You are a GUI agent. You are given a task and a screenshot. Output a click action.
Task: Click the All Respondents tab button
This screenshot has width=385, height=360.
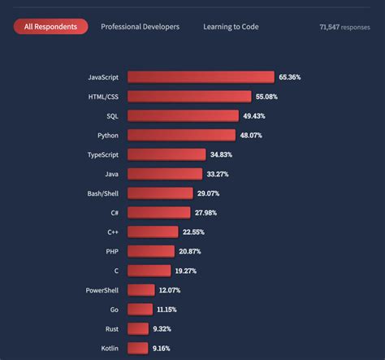[x=50, y=27]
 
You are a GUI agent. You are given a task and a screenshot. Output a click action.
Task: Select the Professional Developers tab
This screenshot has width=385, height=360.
[x=141, y=27]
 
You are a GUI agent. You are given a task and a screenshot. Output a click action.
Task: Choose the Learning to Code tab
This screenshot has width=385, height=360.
[x=231, y=27]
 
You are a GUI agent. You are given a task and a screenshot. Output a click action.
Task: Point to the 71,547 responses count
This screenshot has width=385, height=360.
[x=346, y=27]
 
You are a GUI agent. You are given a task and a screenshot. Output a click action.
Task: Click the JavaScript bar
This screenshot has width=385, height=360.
[x=201, y=77]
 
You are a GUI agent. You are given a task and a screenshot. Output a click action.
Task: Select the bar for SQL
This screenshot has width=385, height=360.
[x=183, y=115]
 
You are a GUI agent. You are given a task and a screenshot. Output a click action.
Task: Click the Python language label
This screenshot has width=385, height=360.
[x=106, y=135]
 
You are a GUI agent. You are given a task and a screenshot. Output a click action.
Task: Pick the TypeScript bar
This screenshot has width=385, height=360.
[x=167, y=154]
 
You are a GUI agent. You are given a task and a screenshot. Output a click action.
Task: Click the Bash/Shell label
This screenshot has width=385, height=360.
[x=102, y=193]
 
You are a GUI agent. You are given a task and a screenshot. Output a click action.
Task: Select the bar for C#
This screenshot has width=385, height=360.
[x=159, y=212]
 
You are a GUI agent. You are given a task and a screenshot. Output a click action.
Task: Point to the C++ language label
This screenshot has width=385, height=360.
[x=112, y=232]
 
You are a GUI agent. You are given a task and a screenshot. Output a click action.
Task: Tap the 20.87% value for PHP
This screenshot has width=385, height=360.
[x=189, y=251]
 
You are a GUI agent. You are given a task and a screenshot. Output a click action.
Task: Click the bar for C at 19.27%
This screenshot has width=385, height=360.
[x=149, y=271]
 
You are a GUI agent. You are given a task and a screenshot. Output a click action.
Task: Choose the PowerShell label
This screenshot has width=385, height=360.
[x=102, y=290]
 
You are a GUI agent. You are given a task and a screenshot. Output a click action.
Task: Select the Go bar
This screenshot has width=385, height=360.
[x=140, y=309]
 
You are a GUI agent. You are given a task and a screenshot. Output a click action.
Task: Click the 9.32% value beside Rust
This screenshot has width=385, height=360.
[x=161, y=328]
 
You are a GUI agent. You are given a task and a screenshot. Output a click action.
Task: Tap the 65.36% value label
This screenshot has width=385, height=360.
[x=291, y=77]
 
